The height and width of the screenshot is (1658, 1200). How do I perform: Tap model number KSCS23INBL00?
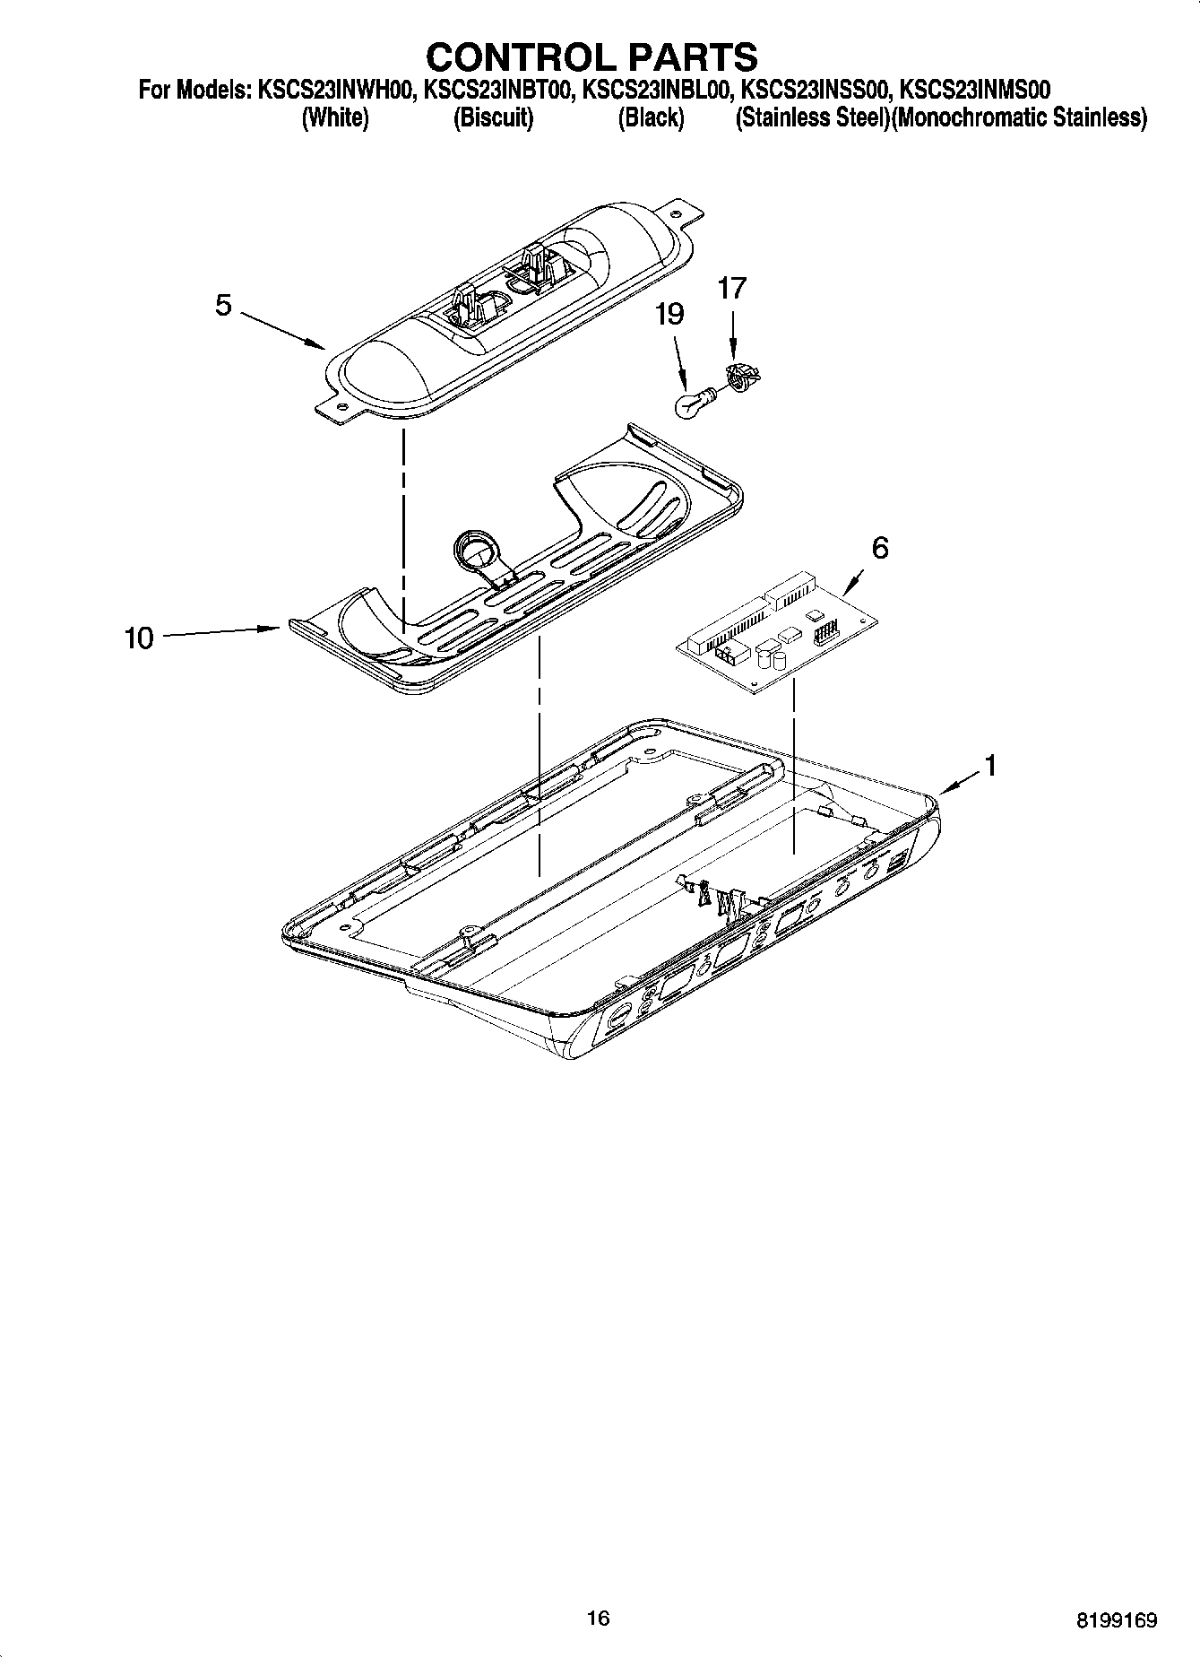pyautogui.click(x=658, y=90)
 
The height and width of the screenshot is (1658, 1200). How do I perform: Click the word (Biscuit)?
pyautogui.click(x=493, y=117)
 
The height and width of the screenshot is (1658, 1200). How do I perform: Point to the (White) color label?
pyautogui.click(x=335, y=117)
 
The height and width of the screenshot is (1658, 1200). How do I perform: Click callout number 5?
pyautogui.click(x=223, y=306)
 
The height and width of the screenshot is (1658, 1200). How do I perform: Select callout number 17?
pyautogui.click(x=731, y=289)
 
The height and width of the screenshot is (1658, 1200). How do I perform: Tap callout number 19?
pyautogui.click(x=669, y=315)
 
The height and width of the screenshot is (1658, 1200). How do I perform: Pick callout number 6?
pyautogui.click(x=880, y=547)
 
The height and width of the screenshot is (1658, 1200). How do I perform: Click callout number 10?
pyautogui.click(x=139, y=638)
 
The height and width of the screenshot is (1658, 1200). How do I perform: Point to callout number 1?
pyautogui.click(x=990, y=766)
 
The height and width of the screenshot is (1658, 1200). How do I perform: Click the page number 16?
pyautogui.click(x=598, y=1617)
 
